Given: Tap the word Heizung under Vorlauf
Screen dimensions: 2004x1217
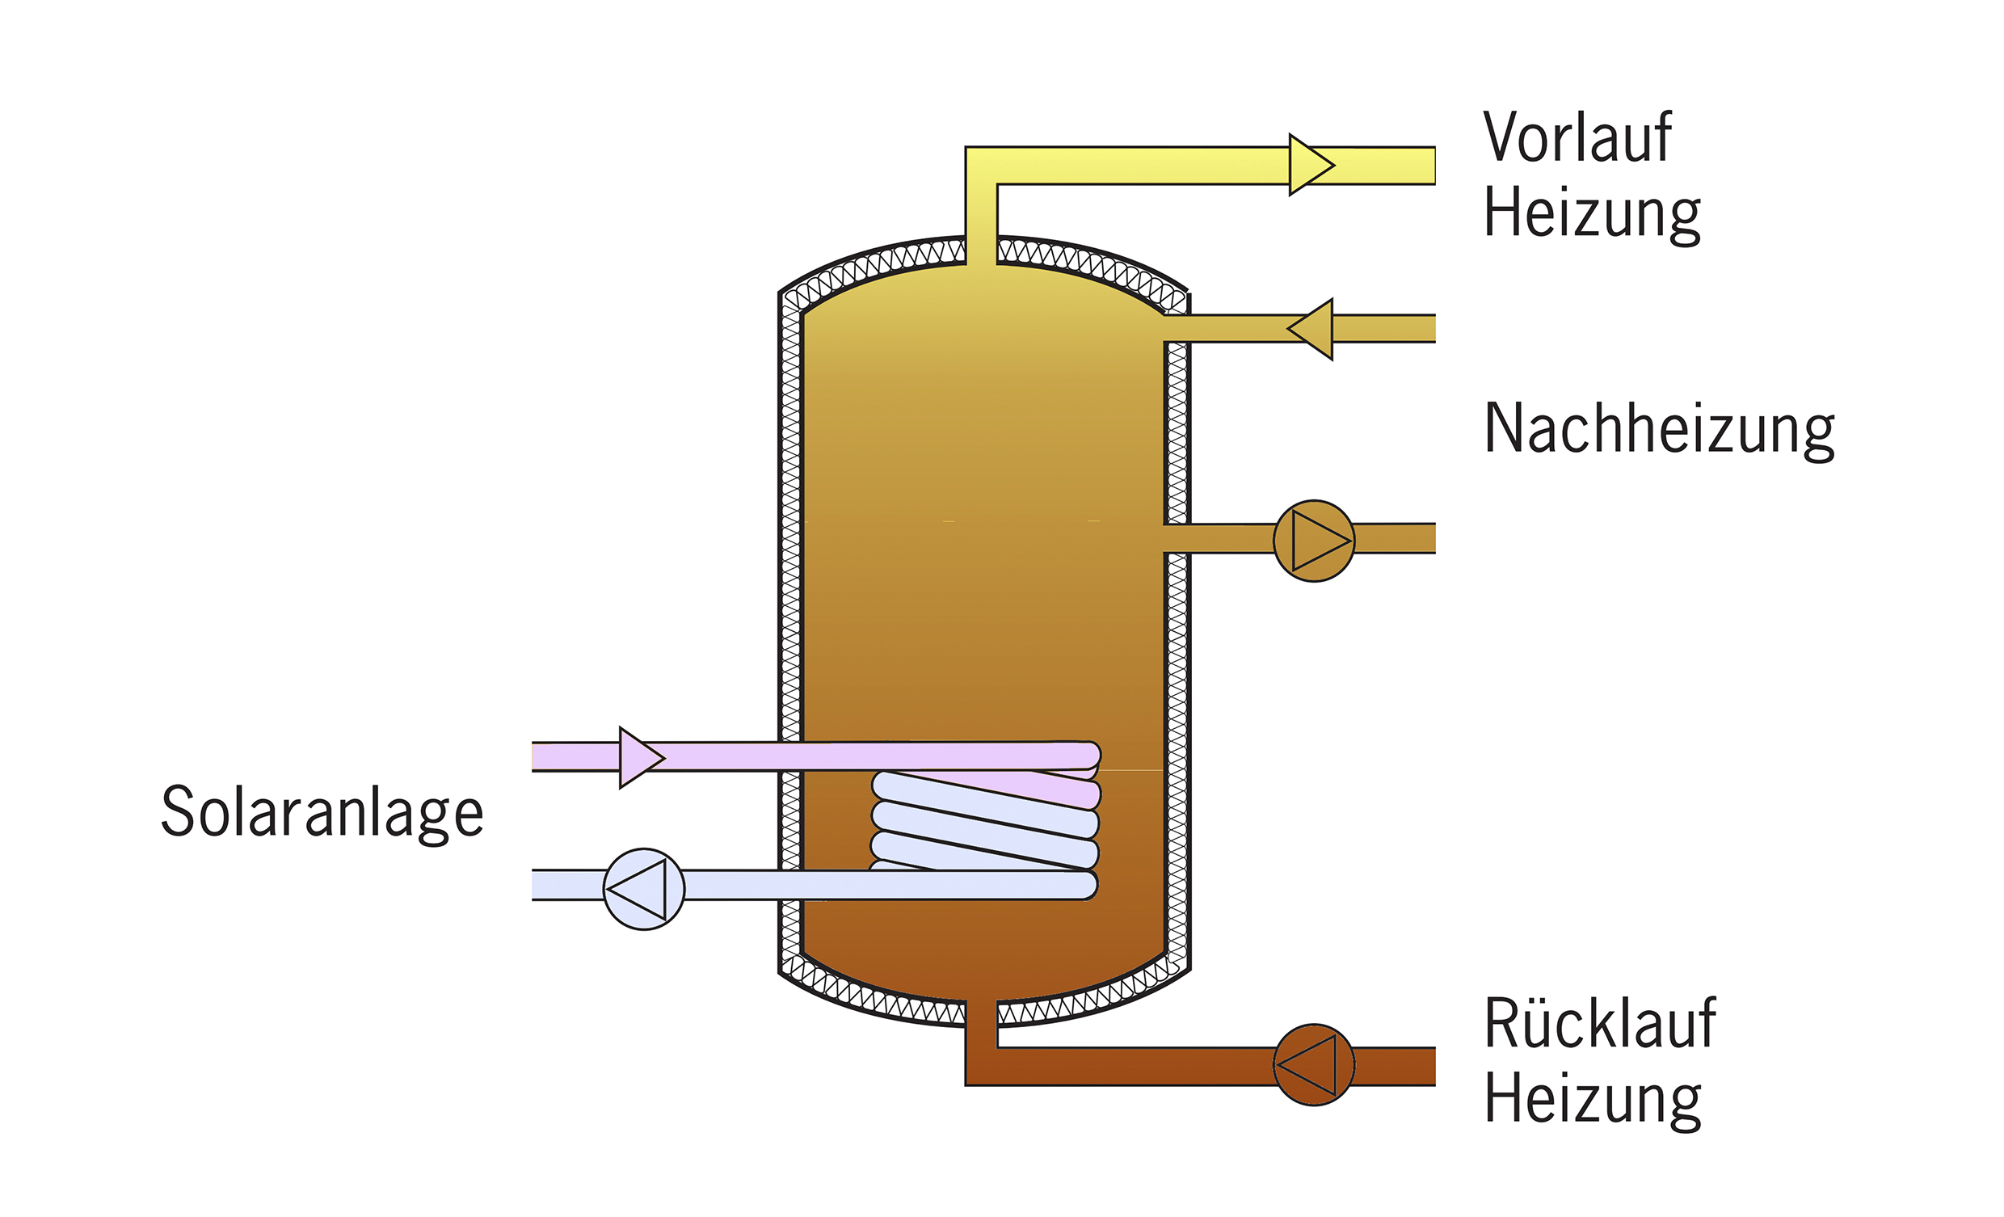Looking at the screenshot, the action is click(x=1592, y=214).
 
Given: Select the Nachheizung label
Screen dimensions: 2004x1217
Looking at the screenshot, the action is click(x=1659, y=431).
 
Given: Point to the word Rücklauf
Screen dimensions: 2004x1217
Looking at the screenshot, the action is click(x=1599, y=1022).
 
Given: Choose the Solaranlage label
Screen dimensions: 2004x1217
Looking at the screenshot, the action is click(x=322, y=811).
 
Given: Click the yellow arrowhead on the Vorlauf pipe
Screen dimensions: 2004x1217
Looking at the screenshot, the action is click(x=1311, y=165).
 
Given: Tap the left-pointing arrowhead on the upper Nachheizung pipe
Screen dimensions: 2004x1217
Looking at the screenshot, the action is click(x=1310, y=329).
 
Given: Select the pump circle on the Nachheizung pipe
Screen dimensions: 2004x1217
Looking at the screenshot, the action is click(x=1313, y=541).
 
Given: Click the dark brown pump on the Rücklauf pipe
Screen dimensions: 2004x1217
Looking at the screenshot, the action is click(x=1313, y=1065).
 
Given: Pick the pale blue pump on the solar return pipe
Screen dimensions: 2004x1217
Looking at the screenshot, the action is click(x=643, y=889).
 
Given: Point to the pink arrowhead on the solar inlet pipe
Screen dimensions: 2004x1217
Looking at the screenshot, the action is click(x=642, y=757).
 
